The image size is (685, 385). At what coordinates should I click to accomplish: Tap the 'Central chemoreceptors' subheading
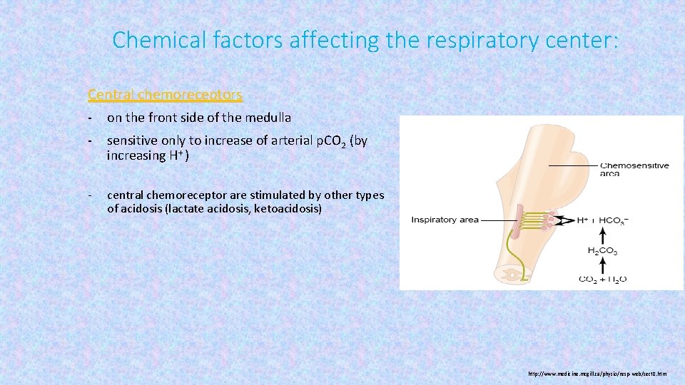(x=165, y=94)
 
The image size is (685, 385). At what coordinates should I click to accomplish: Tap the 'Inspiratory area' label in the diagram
(x=445, y=220)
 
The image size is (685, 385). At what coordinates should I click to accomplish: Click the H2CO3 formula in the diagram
(x=602, y=251)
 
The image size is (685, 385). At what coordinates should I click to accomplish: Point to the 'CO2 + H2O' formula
(x=602, y=279)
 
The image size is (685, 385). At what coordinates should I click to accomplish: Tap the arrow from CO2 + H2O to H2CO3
(x=602, y=265)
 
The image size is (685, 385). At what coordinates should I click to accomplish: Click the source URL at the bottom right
(x=598, y=374)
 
